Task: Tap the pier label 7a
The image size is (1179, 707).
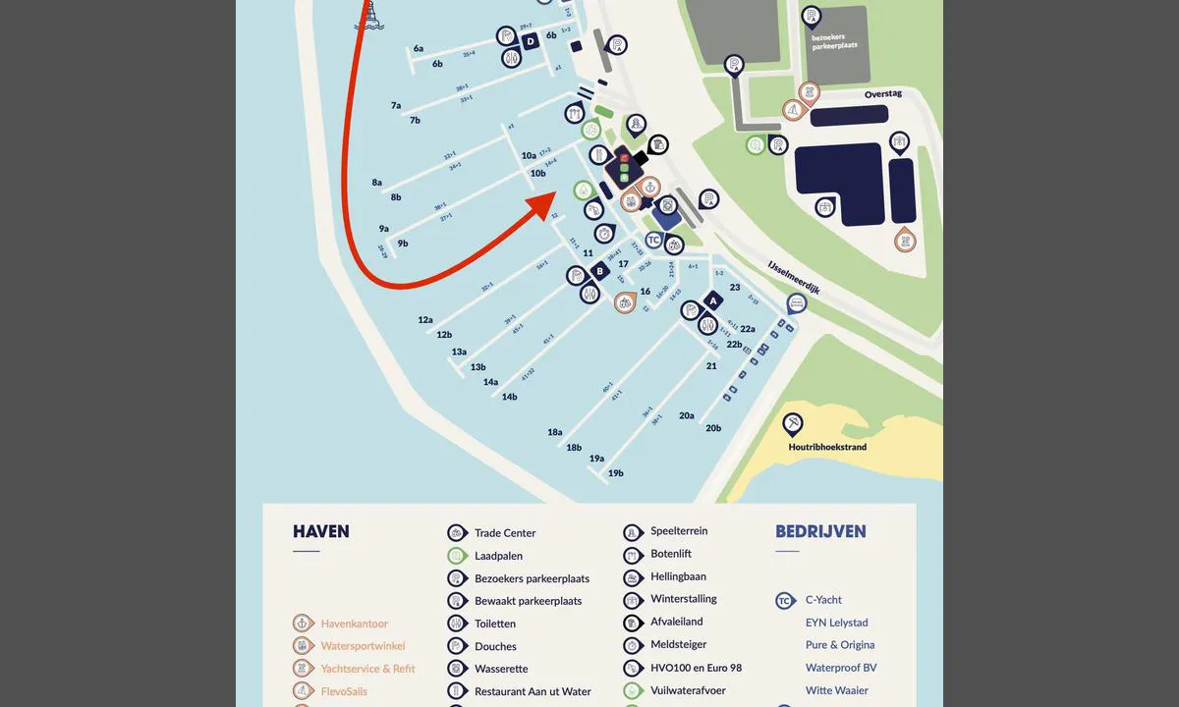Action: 396,105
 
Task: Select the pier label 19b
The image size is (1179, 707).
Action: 616,473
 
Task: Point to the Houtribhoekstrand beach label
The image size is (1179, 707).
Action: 827,447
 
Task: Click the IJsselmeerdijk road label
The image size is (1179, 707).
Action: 794,277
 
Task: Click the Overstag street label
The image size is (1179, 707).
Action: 882,94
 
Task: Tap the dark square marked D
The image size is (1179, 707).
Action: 530,41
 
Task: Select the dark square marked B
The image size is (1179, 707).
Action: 599,272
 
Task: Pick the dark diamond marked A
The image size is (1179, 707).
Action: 713,301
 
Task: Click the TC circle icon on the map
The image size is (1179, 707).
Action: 654,240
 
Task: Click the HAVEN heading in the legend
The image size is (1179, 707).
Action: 320,532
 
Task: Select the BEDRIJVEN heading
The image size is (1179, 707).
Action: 820,532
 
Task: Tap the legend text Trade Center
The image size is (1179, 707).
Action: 505,533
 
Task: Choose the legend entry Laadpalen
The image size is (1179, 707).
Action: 498,556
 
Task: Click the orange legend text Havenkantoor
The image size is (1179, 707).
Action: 354,624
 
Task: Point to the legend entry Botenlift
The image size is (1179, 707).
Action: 671,554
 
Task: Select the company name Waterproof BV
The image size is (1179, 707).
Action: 841,668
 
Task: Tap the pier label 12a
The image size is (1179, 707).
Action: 425,320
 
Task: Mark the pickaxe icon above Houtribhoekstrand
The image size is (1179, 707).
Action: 792,423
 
